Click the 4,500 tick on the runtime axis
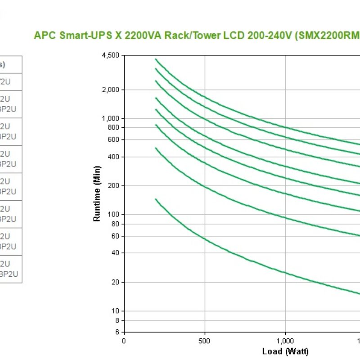111,55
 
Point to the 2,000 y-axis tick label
111,90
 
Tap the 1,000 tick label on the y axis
111,118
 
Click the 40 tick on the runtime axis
116,252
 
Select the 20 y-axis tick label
116,282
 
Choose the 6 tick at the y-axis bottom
117,332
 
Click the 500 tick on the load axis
205,341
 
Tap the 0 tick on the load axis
124,341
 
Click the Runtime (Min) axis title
97,193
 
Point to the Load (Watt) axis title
285,351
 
